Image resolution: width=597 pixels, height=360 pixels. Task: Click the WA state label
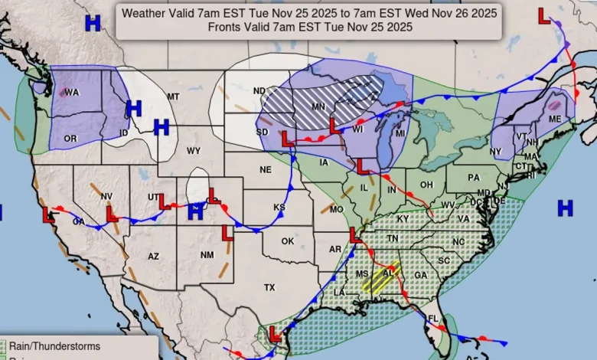(x=72, y=93)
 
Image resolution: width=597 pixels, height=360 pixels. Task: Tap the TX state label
(x=269, y=287)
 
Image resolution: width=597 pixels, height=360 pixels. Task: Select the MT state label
(x=173, y=97)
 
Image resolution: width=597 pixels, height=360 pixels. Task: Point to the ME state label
(x=555, y=119)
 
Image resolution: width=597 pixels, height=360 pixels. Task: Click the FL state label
(x=433, y=318)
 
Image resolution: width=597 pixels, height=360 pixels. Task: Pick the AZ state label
(x=152, y=257)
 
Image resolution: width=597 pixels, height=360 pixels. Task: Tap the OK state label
(x=287, y=241)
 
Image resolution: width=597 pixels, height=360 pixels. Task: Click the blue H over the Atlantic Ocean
(x=565, y=207)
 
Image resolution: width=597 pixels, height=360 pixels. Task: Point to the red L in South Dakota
(x=287, y=139)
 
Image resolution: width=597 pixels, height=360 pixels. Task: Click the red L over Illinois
(x=362, y=166)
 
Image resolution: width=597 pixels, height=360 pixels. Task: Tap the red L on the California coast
(x=47, y=214)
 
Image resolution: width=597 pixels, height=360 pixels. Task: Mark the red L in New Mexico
(x=227, y=234)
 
